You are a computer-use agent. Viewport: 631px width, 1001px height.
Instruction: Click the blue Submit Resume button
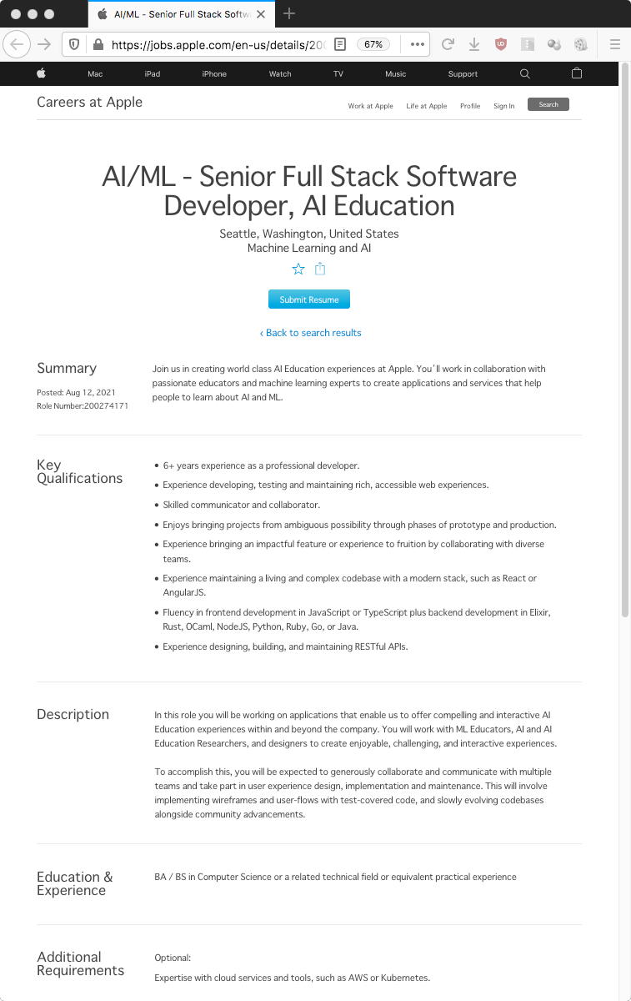(308, 299)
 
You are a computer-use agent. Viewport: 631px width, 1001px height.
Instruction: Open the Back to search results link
(310, 333)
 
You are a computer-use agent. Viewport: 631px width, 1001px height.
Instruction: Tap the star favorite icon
(298, 269)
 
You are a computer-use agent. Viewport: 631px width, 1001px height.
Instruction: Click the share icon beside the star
(320, 269)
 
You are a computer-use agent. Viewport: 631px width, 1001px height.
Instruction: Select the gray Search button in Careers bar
(548, 104)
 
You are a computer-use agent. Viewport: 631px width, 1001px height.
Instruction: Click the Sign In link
(503, 106)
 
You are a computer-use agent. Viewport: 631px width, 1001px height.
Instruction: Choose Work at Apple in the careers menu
(370, 106)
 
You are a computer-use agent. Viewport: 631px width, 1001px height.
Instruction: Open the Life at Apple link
(426, 106)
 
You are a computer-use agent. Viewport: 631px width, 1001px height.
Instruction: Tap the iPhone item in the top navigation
(214, 74)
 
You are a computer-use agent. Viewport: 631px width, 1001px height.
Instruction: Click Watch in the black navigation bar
(280, 74)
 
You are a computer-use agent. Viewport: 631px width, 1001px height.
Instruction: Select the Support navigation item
(463, 74)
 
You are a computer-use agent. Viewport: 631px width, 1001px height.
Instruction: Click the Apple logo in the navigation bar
(41, 73)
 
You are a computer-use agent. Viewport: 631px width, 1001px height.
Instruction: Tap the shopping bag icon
(577, 73)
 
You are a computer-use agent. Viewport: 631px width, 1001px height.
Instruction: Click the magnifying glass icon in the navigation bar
(524, 73)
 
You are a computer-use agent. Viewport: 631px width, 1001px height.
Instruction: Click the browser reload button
(448, 44)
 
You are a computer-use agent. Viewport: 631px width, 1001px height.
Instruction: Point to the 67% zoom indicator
(373, 44)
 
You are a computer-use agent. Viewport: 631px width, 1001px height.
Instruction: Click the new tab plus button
(289, 13)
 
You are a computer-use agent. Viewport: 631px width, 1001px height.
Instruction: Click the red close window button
(15, 14)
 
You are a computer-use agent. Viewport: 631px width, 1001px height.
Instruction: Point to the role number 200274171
(106, 406)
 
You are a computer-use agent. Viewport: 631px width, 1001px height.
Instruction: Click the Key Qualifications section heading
(79, 471)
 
